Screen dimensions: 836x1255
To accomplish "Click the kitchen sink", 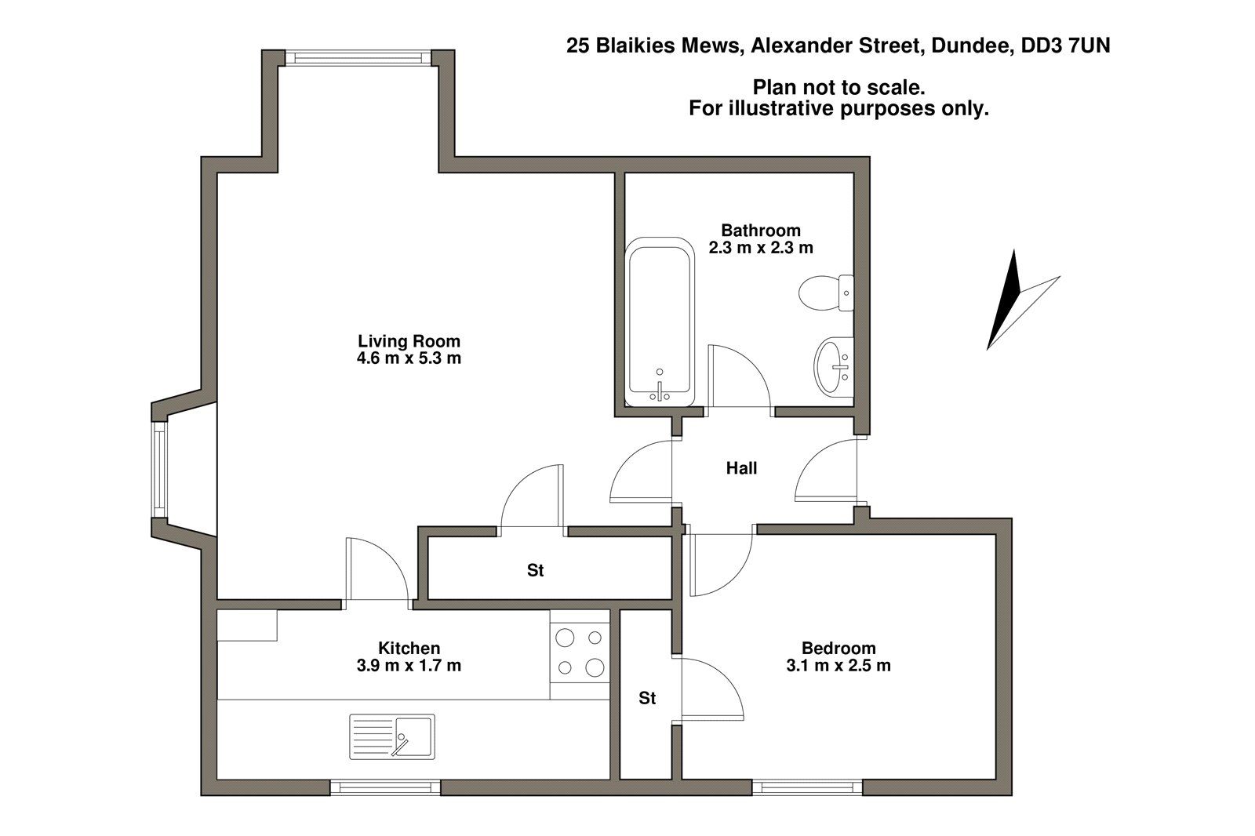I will coord(391,736).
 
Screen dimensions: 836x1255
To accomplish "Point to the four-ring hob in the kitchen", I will coord(580,652).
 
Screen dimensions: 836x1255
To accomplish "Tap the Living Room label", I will coord(409,341).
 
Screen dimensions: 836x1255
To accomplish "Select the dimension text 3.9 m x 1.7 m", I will coord(409,666).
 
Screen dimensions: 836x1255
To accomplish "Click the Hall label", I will coord(741,469).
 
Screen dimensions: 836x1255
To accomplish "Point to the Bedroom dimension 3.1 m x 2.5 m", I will coord(838,666).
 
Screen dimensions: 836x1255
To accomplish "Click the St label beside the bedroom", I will coord(646,698).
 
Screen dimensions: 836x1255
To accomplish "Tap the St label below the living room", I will coord(535,571).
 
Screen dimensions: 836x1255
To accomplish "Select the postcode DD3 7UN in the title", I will coord(1064,46).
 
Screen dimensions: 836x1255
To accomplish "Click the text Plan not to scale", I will coord(838,86).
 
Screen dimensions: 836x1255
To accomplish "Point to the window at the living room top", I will coord(358,58).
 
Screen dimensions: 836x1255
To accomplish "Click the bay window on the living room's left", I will coord(159,469).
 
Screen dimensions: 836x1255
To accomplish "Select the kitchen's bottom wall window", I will coord(384,786).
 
